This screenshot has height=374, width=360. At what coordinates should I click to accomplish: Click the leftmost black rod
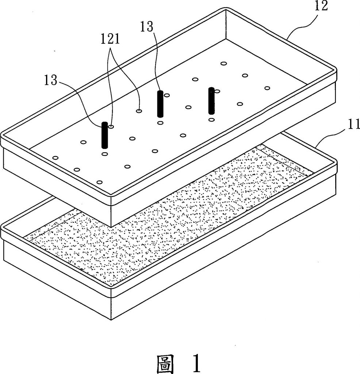tap(105, 135)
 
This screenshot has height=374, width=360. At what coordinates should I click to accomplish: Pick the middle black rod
tap(160, 104)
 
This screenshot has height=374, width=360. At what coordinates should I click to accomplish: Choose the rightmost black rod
tap(211, 101)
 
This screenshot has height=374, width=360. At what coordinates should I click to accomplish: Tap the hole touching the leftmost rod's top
tap(111, 126)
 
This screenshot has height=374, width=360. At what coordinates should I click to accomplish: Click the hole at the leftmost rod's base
tap(105, 154)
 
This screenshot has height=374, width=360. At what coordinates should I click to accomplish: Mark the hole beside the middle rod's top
tap(167, 95)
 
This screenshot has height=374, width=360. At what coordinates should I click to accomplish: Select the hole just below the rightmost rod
tap(211, 119)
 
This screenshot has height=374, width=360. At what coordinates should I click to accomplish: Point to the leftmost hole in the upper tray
tap(55, 158)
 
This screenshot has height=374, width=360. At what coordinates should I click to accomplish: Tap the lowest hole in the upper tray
tap(99, 182)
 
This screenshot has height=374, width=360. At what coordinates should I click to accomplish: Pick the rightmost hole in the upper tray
tap(267, 88)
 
